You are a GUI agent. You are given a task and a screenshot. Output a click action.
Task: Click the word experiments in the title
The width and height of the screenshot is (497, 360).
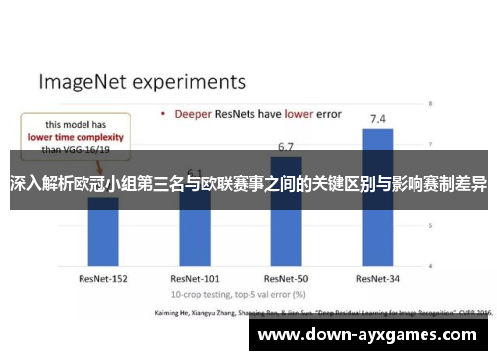[x=189, y=79]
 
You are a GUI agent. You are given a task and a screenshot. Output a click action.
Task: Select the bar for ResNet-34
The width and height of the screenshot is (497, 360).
[x=377, y=199]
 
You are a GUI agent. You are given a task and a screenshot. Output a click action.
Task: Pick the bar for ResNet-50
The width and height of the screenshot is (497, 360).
[x=285, y=214]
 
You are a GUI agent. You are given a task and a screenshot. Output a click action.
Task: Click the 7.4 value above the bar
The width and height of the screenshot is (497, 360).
[x=378, y=119]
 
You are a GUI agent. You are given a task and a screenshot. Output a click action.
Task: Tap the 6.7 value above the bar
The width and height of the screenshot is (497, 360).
[x=286, y=147]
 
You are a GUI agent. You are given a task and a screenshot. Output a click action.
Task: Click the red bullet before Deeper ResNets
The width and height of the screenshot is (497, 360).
[x=163, y=114]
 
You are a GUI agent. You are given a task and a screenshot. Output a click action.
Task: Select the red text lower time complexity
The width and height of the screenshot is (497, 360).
[x=76, y=137]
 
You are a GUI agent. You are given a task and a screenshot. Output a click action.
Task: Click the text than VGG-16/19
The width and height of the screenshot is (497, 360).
[x=74, y=150]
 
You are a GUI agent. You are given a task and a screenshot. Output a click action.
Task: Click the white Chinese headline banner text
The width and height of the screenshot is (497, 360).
[x=248, y=181]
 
